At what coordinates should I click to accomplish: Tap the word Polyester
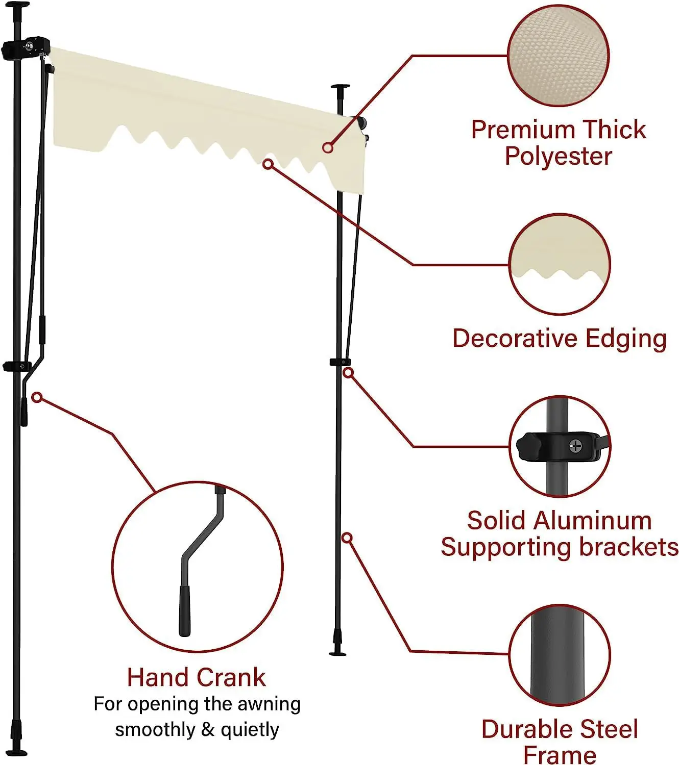click(x=558, y=156)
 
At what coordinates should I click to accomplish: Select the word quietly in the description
click(x=250, y=730)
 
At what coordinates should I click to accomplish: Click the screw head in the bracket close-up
click(x=575, y=446)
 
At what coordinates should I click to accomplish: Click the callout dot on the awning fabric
click(x=328, y=148)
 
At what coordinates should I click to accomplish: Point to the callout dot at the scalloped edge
click(x=268, y=164)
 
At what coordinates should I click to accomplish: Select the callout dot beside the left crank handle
click(x=37, y=397)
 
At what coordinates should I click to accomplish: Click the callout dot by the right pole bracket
click(x=348, y=373)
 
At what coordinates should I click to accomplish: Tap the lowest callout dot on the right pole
click(x=347, y=538)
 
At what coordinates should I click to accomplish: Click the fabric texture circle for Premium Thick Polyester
click(x=559, y=56)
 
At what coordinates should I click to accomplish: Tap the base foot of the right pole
click(x=337, y=652)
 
